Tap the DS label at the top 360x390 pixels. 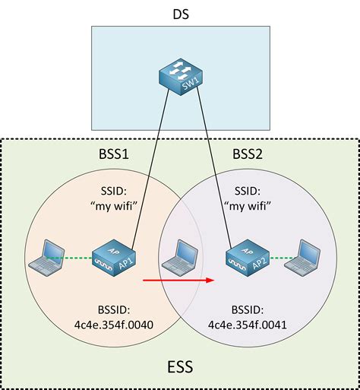[180, 14]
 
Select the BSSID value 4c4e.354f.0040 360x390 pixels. [112, 324]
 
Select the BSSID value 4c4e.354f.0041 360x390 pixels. [248, 324]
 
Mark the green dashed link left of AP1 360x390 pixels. [76, 258]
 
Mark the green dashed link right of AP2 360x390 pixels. [281, 258]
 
